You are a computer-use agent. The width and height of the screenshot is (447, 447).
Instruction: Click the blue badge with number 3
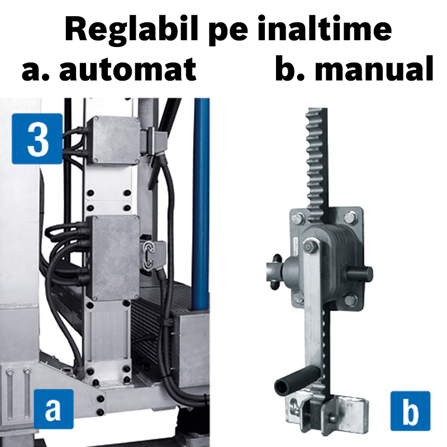38,139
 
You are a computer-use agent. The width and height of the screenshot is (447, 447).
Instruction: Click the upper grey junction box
115,141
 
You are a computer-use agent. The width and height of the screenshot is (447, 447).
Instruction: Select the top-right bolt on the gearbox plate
350,217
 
